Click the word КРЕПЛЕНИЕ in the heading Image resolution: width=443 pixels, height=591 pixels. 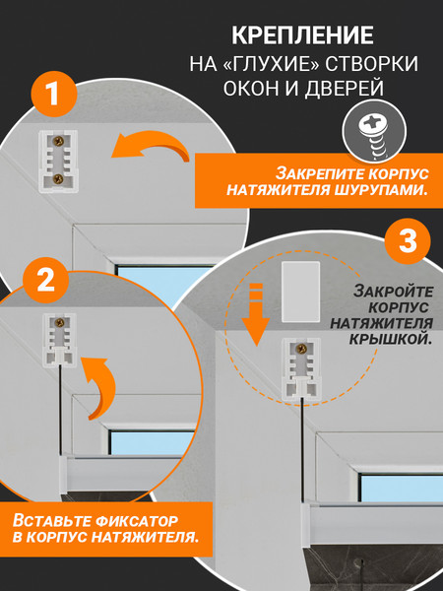(301, 37)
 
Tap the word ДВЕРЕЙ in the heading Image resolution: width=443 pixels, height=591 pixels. (344, 89)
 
